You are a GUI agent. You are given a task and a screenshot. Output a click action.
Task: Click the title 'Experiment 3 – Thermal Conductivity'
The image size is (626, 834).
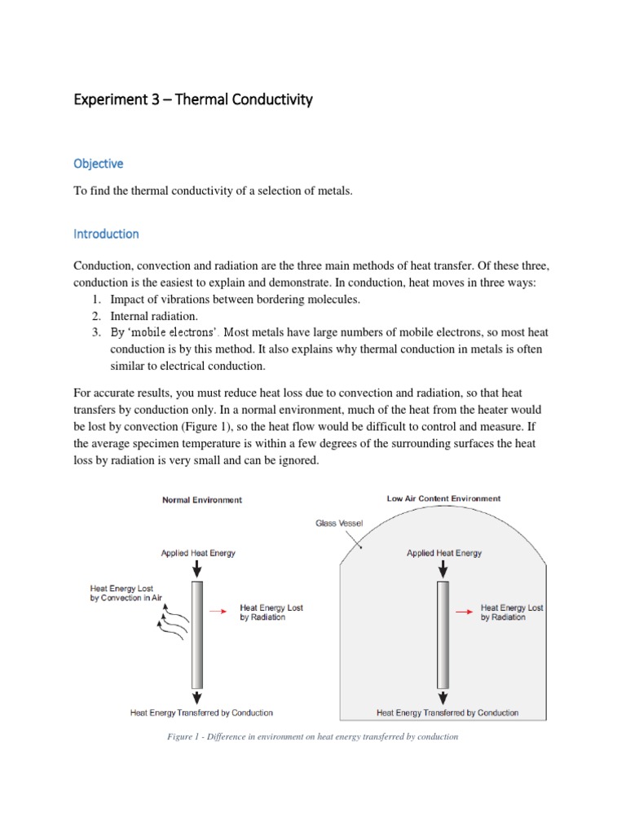pyautogui.click(x=193, y=101)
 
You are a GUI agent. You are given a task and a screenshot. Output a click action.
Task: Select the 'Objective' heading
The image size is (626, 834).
pyautogui.click(x=98, y=164)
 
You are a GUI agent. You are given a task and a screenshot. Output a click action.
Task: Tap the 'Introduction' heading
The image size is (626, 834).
pyautogui.click(x=106, y=234)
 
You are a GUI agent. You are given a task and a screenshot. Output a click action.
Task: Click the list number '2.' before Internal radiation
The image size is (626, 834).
pyautogui.click(x=95, y=316)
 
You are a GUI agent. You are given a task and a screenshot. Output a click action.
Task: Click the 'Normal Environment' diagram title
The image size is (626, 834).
pyautogui.click(x=201, y=500)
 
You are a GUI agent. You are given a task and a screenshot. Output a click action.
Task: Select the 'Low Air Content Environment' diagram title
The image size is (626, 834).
pyautogui.click(x=443, y=498)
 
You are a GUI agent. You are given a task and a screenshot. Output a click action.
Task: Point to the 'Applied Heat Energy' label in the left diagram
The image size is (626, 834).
pyautogui.click(x=198, y=553)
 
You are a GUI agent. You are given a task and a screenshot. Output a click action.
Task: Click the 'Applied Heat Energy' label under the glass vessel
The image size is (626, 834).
pyautogui.click(x=444, y=553)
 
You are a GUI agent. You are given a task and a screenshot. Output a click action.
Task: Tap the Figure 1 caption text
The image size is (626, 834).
pyautogui.click(x=313, y=736)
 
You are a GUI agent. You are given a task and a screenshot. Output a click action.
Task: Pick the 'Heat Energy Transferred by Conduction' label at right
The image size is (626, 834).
pyautogui.click(x=447, y=713)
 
